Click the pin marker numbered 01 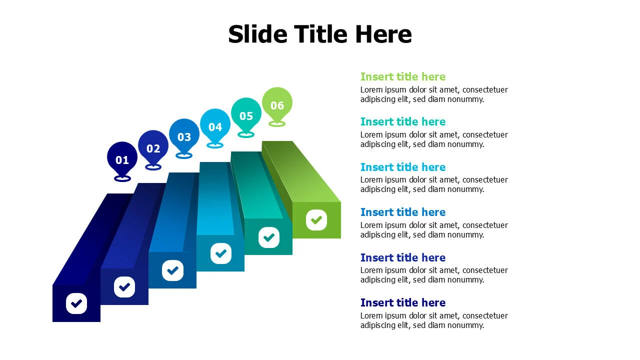[x=122, y=159]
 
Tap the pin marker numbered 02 [x=153, y=148]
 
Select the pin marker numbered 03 [x=184, y=136]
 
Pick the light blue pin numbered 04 [x=215, y=126]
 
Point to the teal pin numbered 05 [x=246, y=115]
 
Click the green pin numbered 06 [x=277, y=105]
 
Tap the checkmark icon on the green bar [x=316, y=219]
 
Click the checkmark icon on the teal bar [x=269, y=237]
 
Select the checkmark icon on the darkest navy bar [x=76, y=303]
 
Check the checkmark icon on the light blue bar [x=221, y=253]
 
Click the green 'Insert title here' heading [x=403, y=76]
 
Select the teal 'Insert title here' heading [x=403, y=121]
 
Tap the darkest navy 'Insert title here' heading [x=403, y=302]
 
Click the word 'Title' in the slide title [x=320, y=34]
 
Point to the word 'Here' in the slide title [x=383, y=34]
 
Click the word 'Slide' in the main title [x=257, y=34]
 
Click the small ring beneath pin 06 [x=277, y=123]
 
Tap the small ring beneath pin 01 [x=122, y=178]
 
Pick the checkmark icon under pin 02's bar [x=124, y=287]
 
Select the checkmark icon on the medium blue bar [x=172, y=270]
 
